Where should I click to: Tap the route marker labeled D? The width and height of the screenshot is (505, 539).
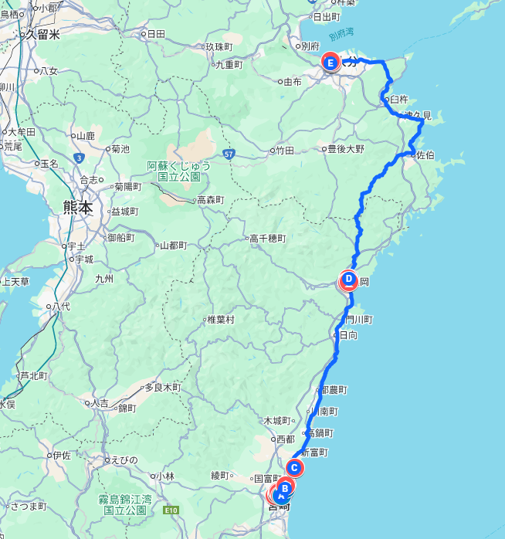tap(349, 280)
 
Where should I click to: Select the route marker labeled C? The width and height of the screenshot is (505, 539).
tap(294, 467)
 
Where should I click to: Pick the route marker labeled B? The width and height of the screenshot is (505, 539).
tap(285, 487)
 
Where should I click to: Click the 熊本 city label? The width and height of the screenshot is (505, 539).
tap(78, 207)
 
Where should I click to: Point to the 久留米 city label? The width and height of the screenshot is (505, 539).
tap(42, 34)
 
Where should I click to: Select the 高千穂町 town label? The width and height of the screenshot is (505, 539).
tap(267, 239)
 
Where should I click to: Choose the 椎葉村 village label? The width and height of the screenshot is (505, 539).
tap(220, 319)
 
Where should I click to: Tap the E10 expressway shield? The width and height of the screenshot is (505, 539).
tap(171, 510)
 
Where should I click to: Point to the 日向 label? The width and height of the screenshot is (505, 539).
tap(348, 335)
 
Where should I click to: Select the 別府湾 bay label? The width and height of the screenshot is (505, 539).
tap(341, 36)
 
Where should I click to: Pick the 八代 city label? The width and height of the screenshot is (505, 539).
tap(61, 306)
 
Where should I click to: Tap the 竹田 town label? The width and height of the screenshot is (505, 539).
tap(285, 150)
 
